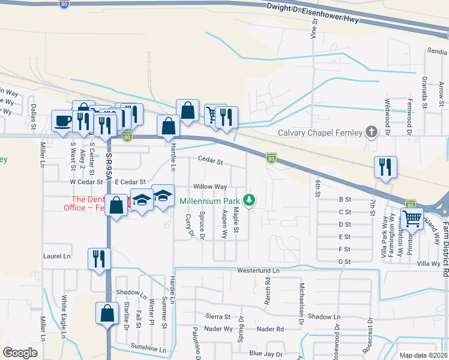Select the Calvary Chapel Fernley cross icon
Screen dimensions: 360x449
pos(372,132)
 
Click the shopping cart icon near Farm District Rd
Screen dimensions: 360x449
pos(412,220)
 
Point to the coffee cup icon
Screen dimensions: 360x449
pos(62,121)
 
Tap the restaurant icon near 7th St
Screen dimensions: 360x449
pos(385,167)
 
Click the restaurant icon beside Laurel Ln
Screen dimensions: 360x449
pos(98,259)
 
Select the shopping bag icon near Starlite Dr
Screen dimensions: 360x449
pos(107,313)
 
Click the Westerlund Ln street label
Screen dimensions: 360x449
pos(259,271)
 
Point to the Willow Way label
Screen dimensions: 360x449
pos(209,187)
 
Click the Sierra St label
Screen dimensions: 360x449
pos(218,316)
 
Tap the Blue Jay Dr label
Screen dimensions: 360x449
pos(265,353)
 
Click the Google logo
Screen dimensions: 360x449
pos(20,353)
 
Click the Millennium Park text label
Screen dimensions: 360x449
pos(209,201)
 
